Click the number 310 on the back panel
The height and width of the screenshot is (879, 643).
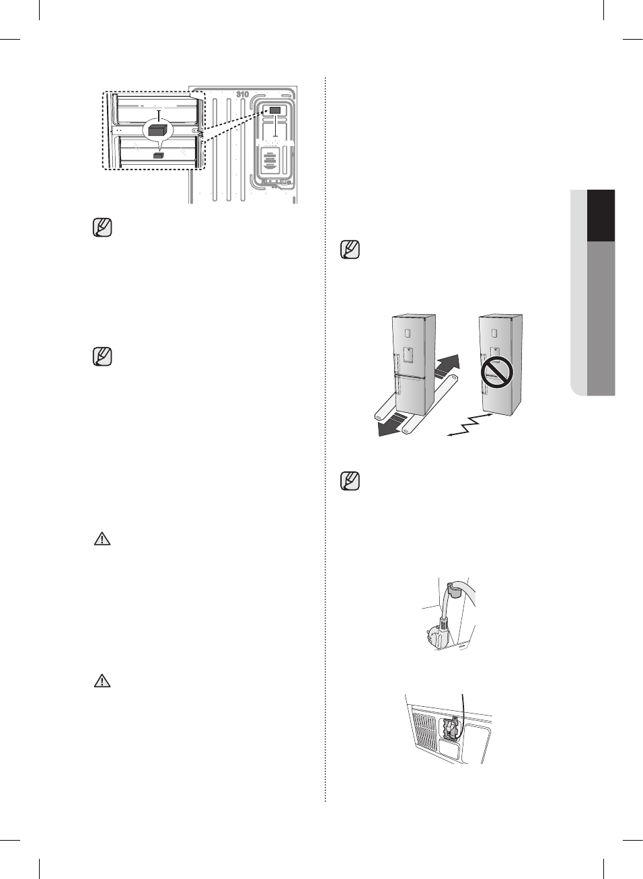(242, 94)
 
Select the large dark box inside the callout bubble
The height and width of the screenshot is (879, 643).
(157, 130)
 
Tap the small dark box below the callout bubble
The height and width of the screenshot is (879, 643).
(158, 155)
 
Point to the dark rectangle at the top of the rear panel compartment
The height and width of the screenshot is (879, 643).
(275, 110)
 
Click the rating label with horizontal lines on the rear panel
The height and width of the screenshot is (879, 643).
(270, 161)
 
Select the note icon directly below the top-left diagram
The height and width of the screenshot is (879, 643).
(102, 227)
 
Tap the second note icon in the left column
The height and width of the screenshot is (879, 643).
(102, 356)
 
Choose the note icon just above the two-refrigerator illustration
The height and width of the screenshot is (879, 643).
(350, 250)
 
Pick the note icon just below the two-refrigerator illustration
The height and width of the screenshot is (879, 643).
(350, 481)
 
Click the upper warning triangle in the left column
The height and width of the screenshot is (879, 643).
(102, 539)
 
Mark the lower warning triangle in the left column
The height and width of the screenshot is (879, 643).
(102, 681)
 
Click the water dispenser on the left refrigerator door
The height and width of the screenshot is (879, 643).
(408, 355)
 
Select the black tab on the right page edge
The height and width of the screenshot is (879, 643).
(601, 215)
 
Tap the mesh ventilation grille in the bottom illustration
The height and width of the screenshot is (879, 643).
(424, 730)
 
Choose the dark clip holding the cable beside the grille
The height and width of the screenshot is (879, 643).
(449, 730)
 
